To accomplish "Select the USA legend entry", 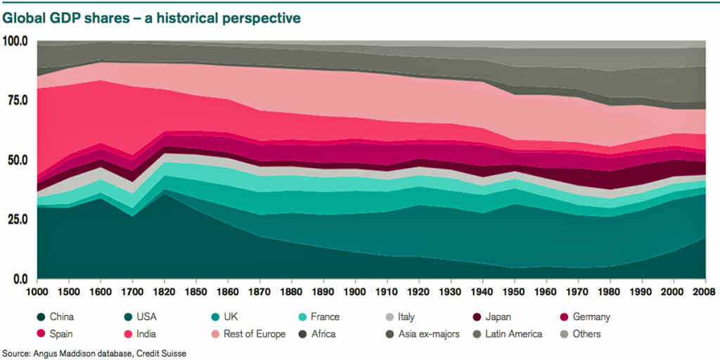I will tap(143, 317).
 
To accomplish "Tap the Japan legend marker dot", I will tap(470, 317).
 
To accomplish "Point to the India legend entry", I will tap(143, 334).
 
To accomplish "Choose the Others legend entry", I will tap(586, 334).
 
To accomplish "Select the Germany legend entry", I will tap(591, 317).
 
